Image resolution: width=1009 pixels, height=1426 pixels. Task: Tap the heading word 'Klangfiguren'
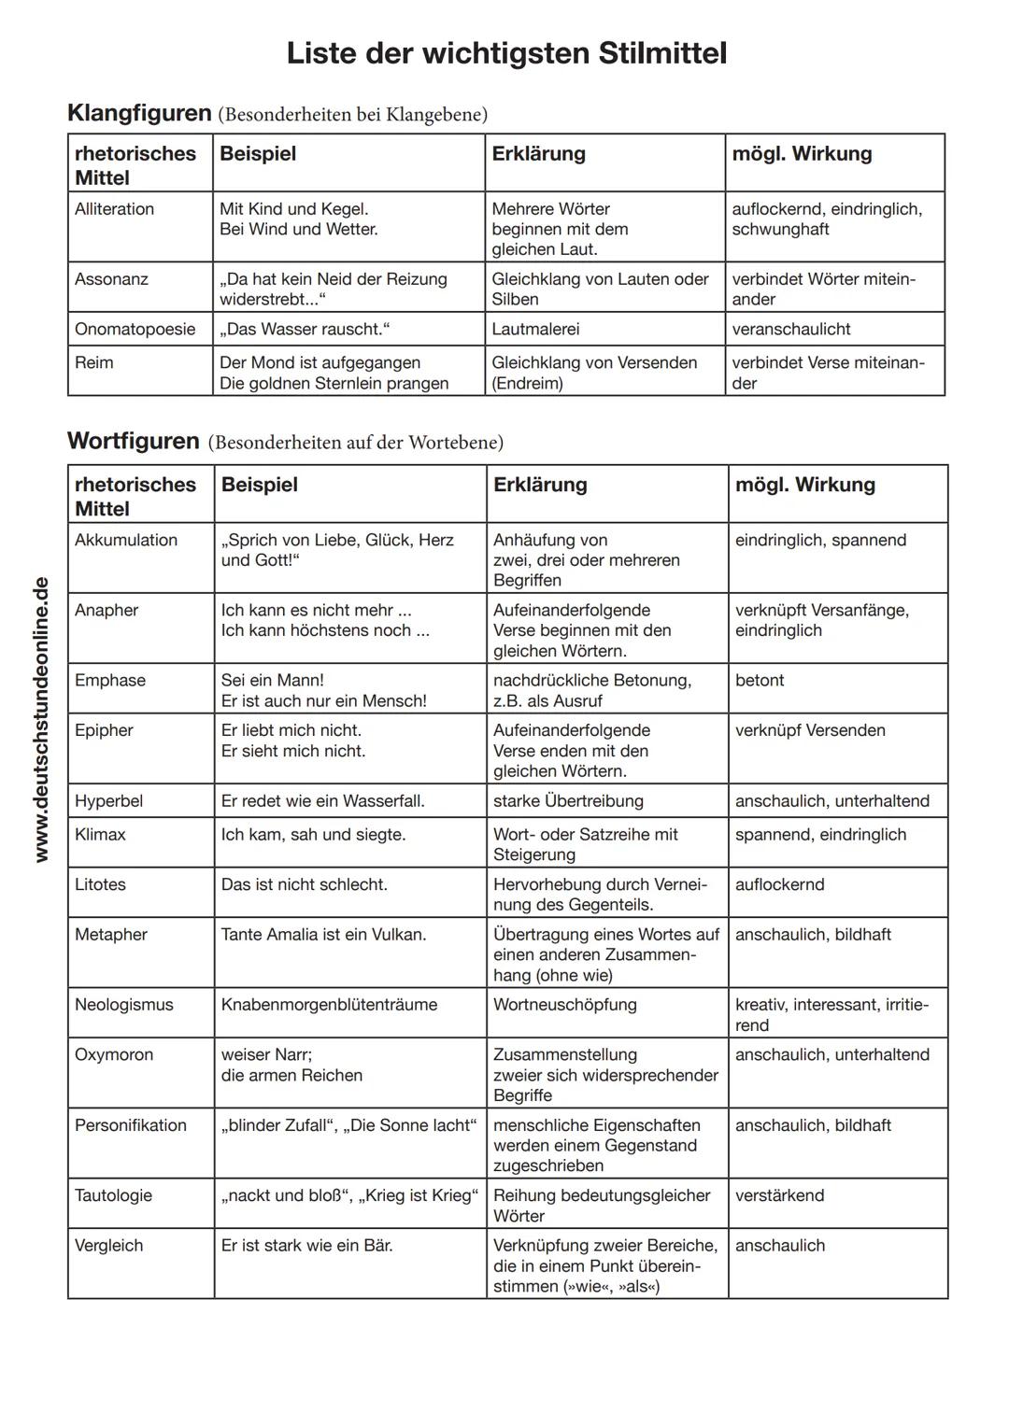click(139, 113)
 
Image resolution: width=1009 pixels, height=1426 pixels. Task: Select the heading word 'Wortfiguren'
click(134, 441)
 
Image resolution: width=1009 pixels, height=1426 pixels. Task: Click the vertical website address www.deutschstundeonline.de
click(40, 720)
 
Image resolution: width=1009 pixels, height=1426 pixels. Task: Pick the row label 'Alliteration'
click(114, 209)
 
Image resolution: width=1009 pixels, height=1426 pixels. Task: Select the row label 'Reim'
click(93, 362)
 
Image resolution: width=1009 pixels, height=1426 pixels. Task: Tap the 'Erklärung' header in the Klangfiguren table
click(538, 154)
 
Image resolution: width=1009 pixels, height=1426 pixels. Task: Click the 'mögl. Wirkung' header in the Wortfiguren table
click(804, 485)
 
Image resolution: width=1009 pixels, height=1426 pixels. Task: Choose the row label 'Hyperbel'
click(108, 801)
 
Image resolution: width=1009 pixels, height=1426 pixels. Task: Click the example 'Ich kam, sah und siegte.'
click(313, 835)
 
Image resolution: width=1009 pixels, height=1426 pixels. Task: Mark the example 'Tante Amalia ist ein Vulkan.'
click(323, 935)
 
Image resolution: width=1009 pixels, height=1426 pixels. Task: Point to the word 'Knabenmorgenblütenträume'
click(329, 1005)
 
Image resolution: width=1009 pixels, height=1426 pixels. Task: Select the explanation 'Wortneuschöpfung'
click(564, 1005)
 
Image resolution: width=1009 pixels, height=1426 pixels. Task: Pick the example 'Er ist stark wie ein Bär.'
click(306, 1246)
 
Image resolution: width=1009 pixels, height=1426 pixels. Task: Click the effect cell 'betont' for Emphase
click(759, 681)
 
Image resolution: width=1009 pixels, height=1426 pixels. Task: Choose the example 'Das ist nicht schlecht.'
click(304, 884)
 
